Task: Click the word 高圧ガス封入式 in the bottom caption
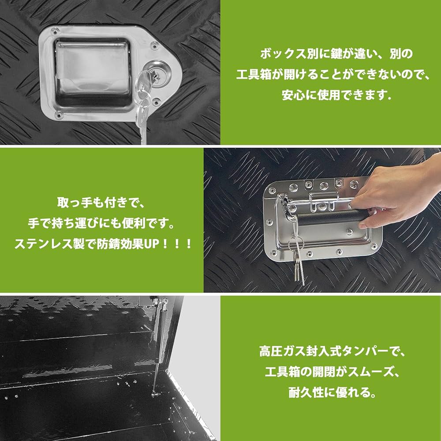tap(291, 352)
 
